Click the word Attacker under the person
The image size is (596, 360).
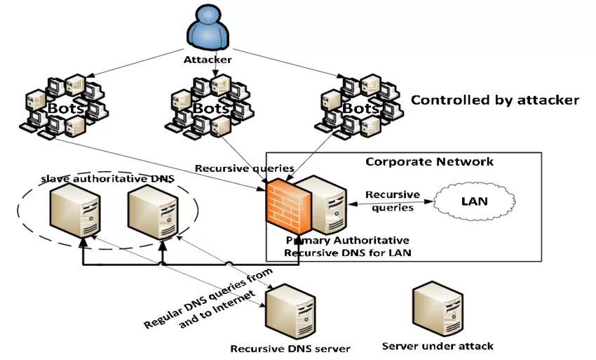point(208,60)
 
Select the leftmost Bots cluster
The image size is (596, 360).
point(65,107)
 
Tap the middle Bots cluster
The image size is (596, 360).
point(210,107)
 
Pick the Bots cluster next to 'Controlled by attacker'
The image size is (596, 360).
point(359,107)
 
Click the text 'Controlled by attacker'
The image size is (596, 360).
point(495,100)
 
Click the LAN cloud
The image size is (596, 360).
point(475,201)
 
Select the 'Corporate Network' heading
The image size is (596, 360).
point(430,161)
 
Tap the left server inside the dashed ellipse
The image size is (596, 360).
point(75,211)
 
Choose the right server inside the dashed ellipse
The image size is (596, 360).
point(153,213)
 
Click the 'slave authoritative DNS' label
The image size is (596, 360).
point(107,178)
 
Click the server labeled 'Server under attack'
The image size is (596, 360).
point(438,309)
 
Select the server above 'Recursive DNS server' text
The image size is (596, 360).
point(291,312)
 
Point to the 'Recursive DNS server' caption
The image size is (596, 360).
point(290,349)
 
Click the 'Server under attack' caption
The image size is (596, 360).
point(438,346)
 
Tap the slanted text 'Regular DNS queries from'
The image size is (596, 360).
point(208,298)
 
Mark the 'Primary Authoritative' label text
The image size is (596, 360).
point(347,241)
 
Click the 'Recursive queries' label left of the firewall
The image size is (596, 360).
point(245,168)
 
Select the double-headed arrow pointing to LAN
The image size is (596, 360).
point(391,203)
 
